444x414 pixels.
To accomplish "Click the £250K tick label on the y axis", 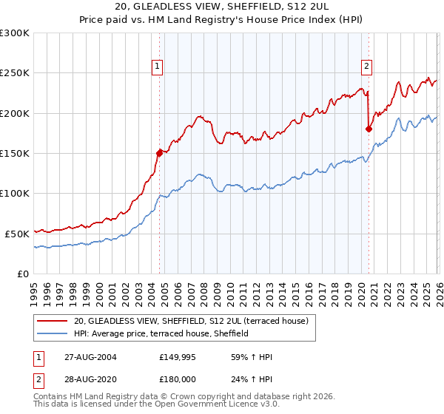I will click(x=15, y=73).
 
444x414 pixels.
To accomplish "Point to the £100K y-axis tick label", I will click(x=15, y=193).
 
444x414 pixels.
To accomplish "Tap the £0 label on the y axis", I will click(x=24, y=273).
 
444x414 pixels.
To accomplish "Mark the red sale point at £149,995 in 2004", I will click(x=159, y=153).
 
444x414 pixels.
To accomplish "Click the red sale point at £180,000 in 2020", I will click(x=368, y=129).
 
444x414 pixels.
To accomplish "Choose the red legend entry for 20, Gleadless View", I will click(x=195, y=321).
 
